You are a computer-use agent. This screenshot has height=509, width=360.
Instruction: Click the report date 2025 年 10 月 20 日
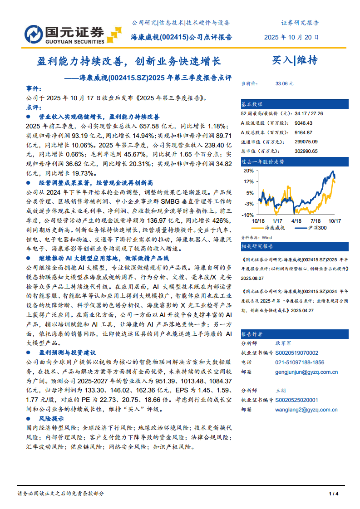(291, 38)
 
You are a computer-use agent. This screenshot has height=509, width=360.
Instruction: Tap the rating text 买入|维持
(295, 60)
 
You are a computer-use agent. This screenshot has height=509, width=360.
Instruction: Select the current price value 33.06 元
(284, 84)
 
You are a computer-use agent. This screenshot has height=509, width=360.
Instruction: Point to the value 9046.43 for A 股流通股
(303, 123)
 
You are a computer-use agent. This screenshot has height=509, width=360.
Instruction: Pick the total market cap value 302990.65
(306, 151)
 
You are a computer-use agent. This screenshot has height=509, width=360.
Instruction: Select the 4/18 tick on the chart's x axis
(296, 221)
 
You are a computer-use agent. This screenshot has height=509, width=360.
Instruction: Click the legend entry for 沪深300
(317, 228)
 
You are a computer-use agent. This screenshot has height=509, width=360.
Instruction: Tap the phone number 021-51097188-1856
(300, 362)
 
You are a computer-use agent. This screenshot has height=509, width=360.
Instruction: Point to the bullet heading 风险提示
(51, 419)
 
